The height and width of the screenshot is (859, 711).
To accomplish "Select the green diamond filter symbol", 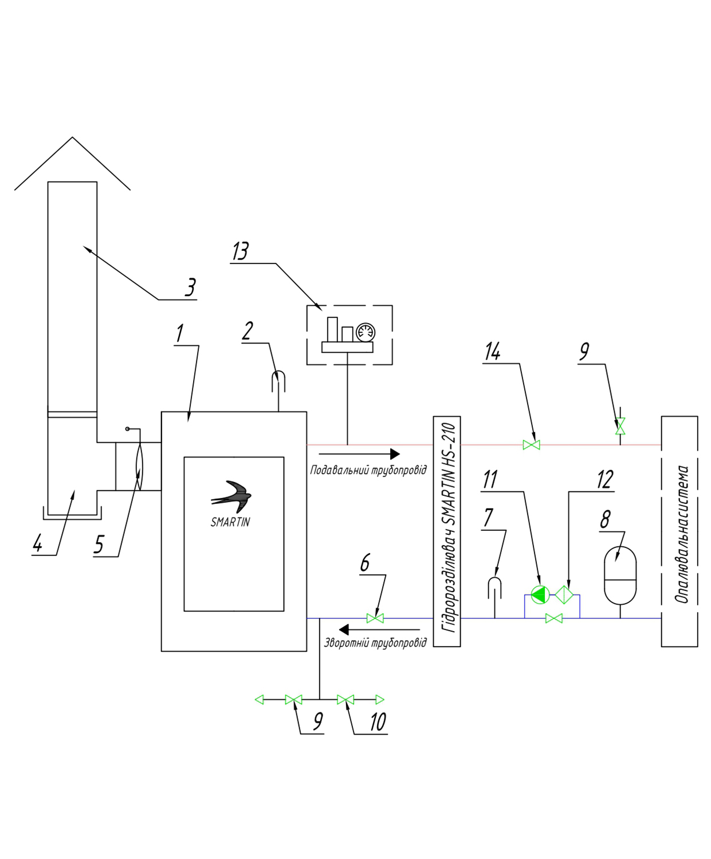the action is click(x=564, y=594).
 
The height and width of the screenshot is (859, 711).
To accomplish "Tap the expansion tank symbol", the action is click(x=620, y=575).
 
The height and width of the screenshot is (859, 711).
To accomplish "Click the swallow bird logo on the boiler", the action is click(x=231, y=497).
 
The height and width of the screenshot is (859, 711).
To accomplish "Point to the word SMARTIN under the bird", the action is click(x=230, y=522).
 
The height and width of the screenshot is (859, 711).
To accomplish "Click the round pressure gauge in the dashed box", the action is click(x=365, y=332).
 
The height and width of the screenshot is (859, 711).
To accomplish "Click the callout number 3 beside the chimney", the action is click(x=190, y=287).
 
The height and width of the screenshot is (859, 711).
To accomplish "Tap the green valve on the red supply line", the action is click(x=531, y=445).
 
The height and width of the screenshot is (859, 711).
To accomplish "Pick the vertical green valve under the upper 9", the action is click(x=620, y=426).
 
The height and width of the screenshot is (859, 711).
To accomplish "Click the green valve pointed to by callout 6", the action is click(x=375, y=618).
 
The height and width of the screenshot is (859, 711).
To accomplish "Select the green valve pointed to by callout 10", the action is click(x=345, y=699).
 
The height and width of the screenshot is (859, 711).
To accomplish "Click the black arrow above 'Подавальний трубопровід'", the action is click(x=359, y=454).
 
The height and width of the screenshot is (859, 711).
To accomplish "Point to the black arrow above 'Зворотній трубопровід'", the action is click(x=379, y=629).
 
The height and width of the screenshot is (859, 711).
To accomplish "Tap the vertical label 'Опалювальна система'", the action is click(x=682, y=534).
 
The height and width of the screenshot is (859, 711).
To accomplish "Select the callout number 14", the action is click(x=492, y=352).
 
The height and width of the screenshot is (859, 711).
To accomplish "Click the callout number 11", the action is click(x=490, y=480).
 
